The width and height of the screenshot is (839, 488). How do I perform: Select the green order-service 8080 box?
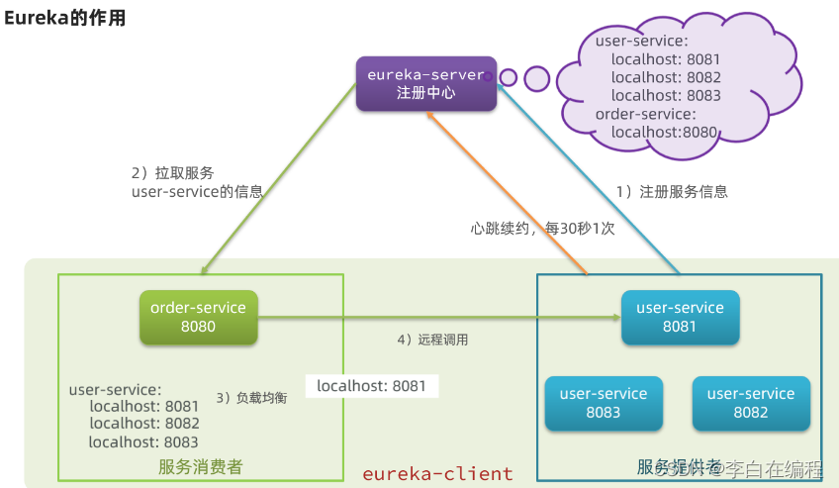(x=198, y=317)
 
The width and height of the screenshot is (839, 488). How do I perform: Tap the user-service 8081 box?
(x=680, y=317)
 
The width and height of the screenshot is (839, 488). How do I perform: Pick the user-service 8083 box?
(x=603, y=403)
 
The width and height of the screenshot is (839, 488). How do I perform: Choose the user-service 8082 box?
(x=750, y=403)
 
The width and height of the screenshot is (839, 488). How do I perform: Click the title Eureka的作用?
(x=65, y=18)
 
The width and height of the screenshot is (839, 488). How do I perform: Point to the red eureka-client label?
(x=437, y=473)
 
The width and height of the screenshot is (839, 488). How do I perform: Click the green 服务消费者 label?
(x=200, y=466)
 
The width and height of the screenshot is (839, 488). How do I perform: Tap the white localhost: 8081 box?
(x=371, y=385)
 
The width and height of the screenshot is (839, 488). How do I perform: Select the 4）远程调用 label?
(x=432, y=340)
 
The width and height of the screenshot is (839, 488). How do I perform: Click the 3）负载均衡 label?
(x=251, y=397)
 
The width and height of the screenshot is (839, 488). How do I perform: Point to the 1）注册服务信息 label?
(x=671, y=192)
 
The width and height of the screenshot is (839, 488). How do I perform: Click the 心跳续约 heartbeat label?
(x=541, y=228)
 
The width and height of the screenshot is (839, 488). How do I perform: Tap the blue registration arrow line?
(x=594, y=183)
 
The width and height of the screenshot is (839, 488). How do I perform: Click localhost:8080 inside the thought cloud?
(x=664, y=131)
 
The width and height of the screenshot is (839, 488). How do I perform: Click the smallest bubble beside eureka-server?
(x=508, y=75)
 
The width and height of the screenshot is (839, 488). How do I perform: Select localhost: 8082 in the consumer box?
(x=143, y=424)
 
